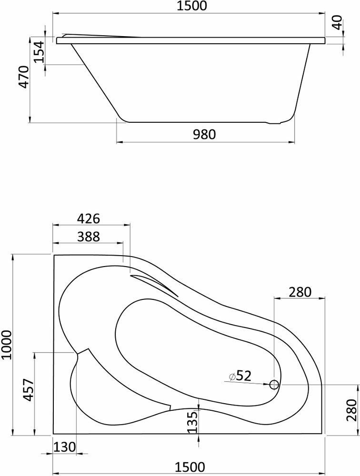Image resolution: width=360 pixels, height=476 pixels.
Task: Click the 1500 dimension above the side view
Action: [x=191, y=6]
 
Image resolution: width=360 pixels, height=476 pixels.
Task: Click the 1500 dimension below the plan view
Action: [x=190, y=467]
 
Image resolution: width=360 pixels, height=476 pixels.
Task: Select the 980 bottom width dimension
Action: [x=204, y=134]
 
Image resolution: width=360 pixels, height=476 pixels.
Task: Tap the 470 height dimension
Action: [x=24, y=77]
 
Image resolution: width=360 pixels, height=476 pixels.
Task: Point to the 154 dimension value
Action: [x=39, y=51]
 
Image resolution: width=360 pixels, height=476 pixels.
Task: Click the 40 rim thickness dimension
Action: [x=337, y=22]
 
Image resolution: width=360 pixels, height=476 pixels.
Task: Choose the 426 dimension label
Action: [x=89, y=218]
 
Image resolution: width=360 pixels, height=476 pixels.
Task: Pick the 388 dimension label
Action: [x=88, y=237]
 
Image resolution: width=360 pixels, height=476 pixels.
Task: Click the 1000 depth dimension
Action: [x=7, y=345]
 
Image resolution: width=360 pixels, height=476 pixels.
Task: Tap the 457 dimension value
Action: [x=28, y=390]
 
